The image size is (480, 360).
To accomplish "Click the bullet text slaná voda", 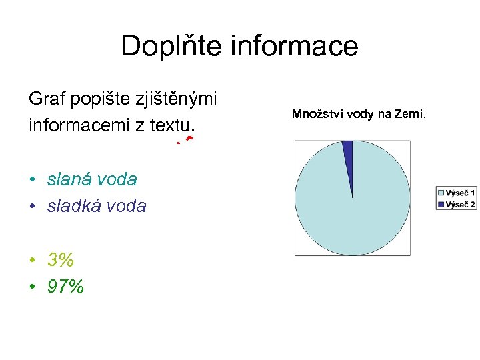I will click(92, 179).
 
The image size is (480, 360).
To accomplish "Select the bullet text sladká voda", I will click(97, 206).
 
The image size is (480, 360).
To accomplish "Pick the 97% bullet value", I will click(65, 287).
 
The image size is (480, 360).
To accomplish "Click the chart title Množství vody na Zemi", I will click(359, 115).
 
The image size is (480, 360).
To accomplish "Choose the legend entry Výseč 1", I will click(461, 193).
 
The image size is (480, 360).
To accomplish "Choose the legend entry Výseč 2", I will click(461, 205).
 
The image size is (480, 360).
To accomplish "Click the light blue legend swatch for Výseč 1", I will click(441, 193).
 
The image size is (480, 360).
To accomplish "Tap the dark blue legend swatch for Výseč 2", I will click(441, 205).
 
